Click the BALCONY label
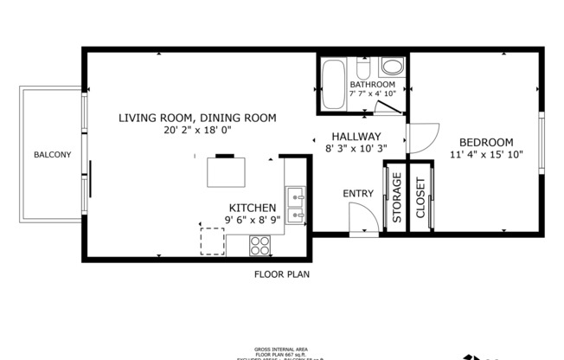[52, 155]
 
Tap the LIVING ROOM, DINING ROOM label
[197, 118]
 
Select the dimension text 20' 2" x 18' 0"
[197, 130]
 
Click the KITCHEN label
[252, 208]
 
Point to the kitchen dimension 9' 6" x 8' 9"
[252, 220]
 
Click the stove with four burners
[260, 245]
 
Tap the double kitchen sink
[296, 205]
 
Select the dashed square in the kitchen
[213, 241]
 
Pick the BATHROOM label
[372, 85]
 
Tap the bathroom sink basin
[392, 67]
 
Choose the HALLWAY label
[356, 136]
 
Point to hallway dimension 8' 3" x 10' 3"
[356, 148]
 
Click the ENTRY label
[358, 194]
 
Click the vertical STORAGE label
[397, 199]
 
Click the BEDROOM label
[485, 143]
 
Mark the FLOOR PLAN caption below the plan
[281, 274]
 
